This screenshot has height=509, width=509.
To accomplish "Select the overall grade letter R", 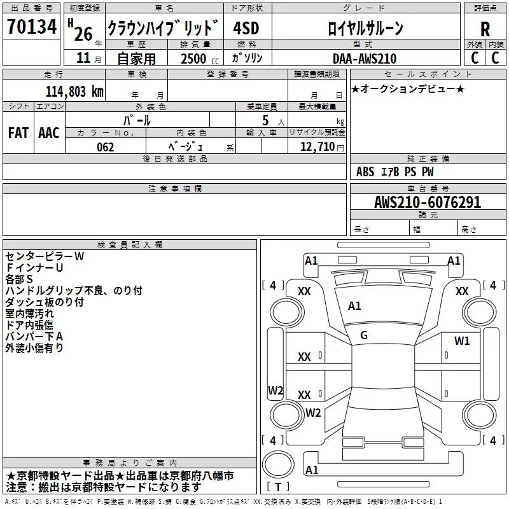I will [485, 29].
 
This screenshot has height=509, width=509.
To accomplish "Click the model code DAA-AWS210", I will [364, 59].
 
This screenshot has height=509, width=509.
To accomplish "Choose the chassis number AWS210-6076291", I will [428, 202].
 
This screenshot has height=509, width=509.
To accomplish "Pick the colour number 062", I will [105, 147].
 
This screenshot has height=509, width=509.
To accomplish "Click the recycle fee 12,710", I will [317, 147].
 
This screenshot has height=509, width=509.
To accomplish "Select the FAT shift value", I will [18, 132].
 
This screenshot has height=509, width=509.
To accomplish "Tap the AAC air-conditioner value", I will [49, 132].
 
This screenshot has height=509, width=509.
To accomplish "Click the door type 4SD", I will [246, 29].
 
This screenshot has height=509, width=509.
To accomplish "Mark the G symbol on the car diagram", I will [364, 335].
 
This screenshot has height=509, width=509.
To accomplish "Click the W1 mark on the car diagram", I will [462, 341].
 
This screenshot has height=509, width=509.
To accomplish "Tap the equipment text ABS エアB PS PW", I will [395, 172].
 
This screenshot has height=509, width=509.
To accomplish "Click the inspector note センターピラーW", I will [45, 256].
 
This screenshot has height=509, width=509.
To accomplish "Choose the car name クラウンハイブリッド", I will [163, 29].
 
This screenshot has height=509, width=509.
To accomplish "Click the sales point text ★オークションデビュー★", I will [408, 88].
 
